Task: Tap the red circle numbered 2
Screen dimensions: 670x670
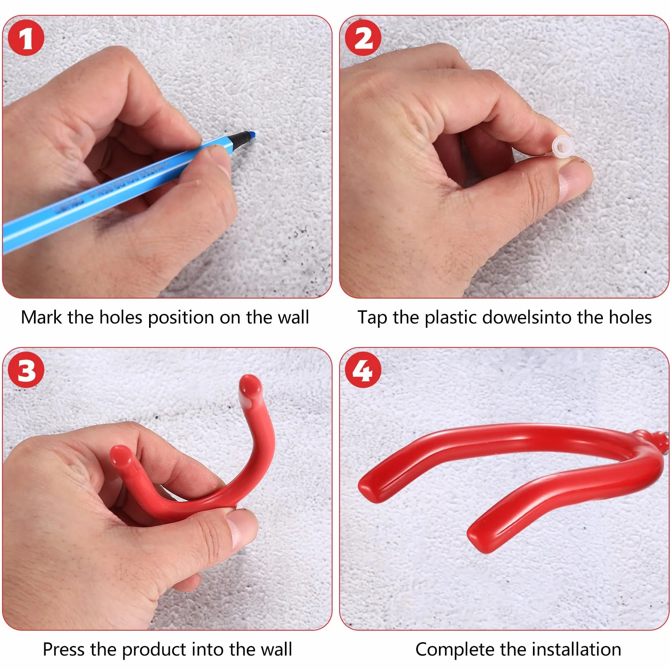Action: tap(363, 39)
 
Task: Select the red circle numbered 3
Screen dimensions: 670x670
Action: tap(26, 370)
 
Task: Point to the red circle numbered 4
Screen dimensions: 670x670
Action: tap(363, 370)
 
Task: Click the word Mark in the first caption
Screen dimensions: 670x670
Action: tap(41, 318)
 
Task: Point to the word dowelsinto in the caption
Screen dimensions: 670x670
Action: tap(528, 318)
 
